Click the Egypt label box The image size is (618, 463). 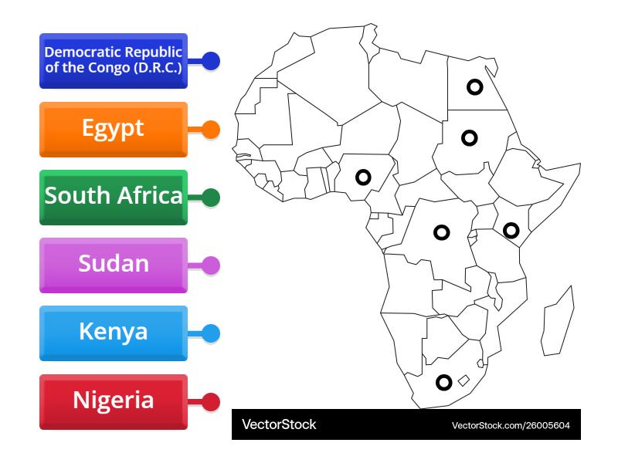[113, 129]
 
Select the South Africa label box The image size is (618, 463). [113, 197]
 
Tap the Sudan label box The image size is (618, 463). [113, 265]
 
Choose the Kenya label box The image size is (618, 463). [113, 333]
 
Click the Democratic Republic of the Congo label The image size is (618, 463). [113, 60]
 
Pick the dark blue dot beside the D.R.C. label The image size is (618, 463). [210, 61]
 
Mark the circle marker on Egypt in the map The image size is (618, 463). [474, 88]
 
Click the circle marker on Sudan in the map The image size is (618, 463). [469, 138]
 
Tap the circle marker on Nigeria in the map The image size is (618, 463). [363, 177]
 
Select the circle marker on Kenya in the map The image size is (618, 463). [511, 229]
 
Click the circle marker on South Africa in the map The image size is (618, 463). [443, 381]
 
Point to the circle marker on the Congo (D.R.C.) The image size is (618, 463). [441, 231]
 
